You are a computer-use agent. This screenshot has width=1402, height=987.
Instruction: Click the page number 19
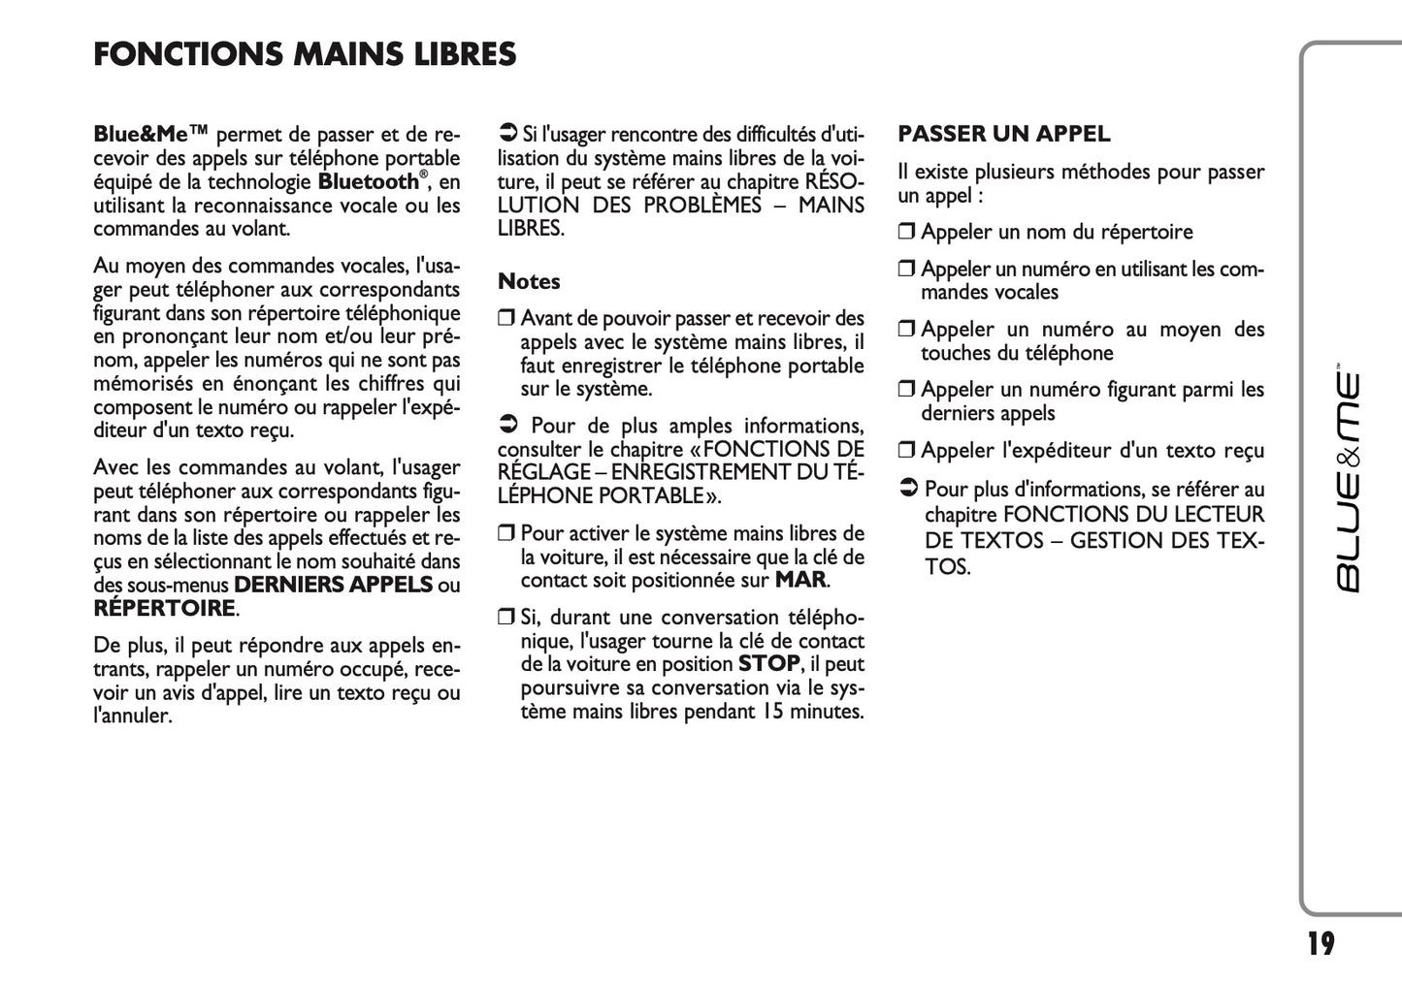(x=1320, y=943)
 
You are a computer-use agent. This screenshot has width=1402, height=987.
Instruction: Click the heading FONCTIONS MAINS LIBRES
(x=305, y=54)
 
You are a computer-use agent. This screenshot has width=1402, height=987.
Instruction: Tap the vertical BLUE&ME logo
(x=1348, y=481)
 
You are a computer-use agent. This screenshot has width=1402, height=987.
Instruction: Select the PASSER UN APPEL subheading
(x=1003, y=134)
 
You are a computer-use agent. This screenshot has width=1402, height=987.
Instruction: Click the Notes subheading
(x=529, y=282)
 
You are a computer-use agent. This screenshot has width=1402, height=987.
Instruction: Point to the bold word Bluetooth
(x=368, y=182)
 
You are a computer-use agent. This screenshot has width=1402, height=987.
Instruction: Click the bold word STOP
(x=768, y=664)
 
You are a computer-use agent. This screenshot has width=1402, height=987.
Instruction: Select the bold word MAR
(x=800, y=581)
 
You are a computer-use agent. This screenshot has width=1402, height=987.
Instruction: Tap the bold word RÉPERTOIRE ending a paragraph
(x=165, y=609)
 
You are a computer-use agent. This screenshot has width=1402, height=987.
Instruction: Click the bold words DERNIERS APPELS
(x=333, y=585)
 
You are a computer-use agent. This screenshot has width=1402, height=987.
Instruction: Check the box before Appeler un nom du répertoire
(x=906, y=233)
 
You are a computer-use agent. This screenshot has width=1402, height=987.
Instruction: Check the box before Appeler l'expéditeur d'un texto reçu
(x=906, y=451)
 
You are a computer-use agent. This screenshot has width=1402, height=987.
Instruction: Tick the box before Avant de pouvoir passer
(x=505, y=319)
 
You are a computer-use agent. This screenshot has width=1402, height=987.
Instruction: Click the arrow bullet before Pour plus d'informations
(x=908, y=490)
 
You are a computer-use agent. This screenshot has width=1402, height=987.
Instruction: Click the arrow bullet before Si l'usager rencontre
(x=506, y=133)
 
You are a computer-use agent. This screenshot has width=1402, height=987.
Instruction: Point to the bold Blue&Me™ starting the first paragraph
(x=151, y=134)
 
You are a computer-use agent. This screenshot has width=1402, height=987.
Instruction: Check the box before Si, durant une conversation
(x=505, y=619)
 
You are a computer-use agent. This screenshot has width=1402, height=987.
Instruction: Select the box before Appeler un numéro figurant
(x=906, y=391)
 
